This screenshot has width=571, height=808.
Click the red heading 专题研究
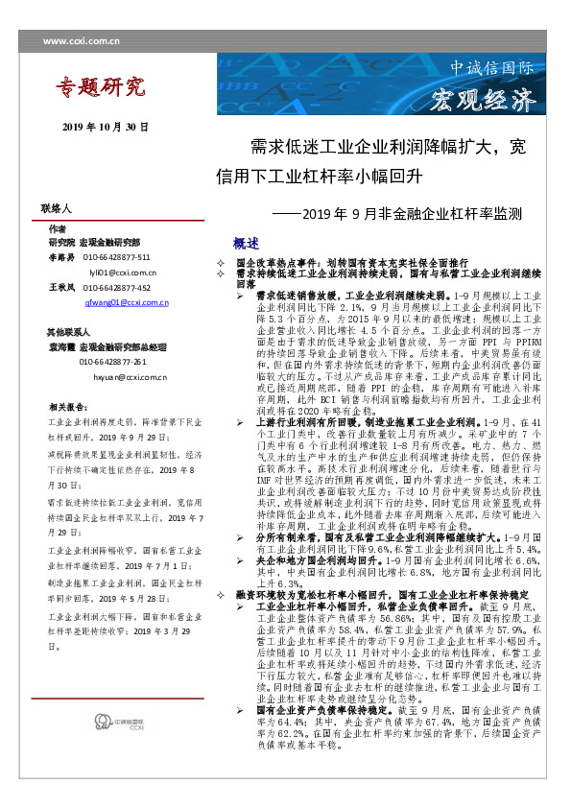(100, 89)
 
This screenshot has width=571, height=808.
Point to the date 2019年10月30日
(106, 127)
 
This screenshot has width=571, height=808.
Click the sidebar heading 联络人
(57, 207)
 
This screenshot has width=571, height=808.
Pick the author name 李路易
(61, 257)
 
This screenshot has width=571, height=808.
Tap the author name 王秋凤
(61, 287)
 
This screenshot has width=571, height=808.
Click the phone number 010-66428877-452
(116, 287)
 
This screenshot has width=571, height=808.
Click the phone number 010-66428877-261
(112, 362)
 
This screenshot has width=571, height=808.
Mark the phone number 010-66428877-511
(116, 257)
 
